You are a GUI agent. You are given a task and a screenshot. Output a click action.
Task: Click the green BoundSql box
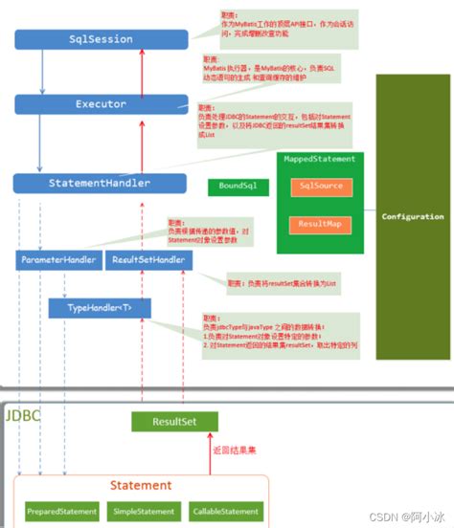(231, 187)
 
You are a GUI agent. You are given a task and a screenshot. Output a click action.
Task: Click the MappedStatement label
(320, 159)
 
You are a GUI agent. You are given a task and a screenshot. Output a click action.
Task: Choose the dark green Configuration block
(413, 217)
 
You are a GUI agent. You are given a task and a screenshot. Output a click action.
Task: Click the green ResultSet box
(174, 420)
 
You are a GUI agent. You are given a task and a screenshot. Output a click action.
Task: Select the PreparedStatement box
(59, 512)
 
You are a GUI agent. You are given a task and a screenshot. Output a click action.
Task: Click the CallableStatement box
(224, 512)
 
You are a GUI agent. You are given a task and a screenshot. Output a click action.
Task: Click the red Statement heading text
(141, 486)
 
